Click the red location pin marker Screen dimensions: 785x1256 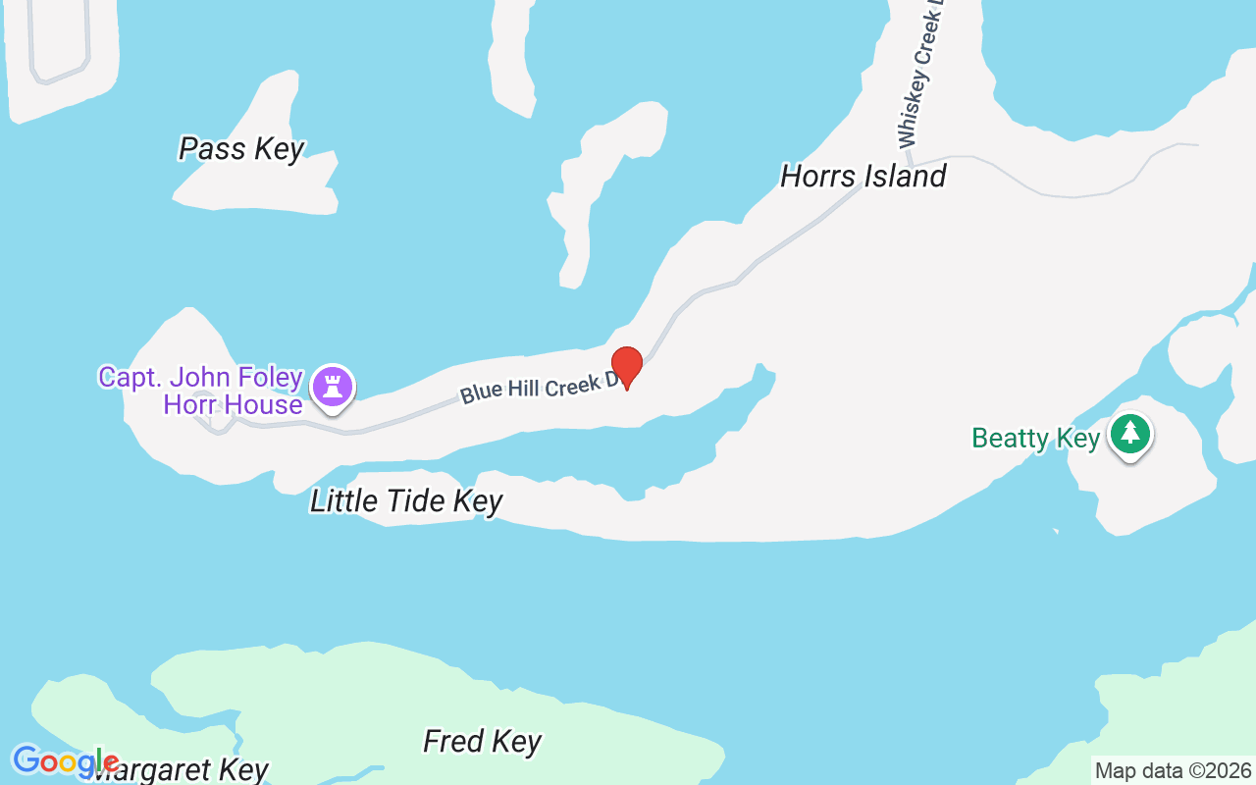627,365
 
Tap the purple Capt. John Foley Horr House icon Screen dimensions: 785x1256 333,386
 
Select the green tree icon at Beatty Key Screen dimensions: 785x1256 1130,433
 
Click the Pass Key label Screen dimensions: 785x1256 241,149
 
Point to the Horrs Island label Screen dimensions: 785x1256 863,177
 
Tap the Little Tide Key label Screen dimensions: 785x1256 406,501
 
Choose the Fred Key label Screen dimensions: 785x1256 482,741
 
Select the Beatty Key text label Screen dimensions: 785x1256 1035,438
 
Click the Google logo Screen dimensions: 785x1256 65,761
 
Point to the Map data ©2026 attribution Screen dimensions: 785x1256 1173,771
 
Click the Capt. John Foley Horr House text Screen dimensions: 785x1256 200,391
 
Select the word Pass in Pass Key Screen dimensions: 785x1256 210,149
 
